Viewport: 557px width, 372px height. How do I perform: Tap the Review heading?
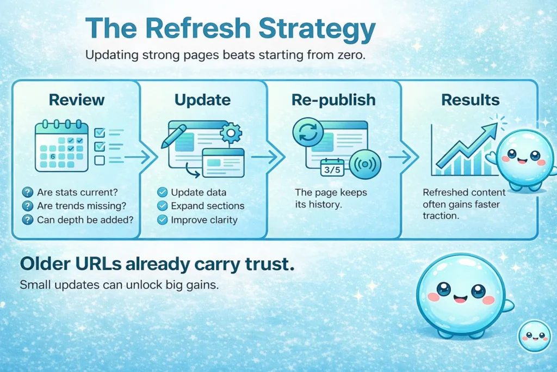click(77, 100)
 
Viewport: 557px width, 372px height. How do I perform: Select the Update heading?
click(202, 100)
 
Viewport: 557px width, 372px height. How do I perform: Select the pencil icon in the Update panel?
click(174, 136)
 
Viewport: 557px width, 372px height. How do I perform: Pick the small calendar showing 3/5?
click(332, 168)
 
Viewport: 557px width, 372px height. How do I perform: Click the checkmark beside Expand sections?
click(162, 206)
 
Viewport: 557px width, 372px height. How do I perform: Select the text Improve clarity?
click(204, 220)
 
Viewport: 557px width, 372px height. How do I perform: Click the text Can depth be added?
click(85, 220)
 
